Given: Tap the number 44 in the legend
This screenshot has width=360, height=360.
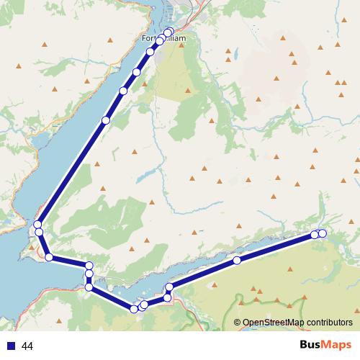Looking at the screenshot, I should point(28,346).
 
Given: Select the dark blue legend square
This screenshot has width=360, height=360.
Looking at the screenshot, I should point(11,346).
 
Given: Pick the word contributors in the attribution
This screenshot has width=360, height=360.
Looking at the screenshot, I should point(328,322).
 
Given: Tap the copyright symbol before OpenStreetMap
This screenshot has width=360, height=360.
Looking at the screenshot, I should point(238,322).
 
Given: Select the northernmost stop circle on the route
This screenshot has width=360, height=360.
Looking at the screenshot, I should point(169,32).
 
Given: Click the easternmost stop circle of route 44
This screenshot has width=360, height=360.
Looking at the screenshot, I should point(322,233).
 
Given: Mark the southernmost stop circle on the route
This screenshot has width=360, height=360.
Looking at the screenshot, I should point(134,309).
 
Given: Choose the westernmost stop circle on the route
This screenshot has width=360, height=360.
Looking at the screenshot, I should point(37,225).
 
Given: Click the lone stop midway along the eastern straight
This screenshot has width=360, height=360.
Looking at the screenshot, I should point(236,260).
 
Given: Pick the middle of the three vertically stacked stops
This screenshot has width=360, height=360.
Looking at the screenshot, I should point(89,274).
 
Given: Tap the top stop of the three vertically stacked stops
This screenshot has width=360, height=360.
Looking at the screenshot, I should point(89,266).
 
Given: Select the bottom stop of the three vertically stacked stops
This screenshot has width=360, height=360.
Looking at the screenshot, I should point(89,287).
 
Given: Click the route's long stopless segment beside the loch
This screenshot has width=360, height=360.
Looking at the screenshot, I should point(71,173).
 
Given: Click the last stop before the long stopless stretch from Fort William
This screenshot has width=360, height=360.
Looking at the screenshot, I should point(105,120).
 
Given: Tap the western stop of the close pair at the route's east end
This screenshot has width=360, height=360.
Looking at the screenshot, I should point(315,234).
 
